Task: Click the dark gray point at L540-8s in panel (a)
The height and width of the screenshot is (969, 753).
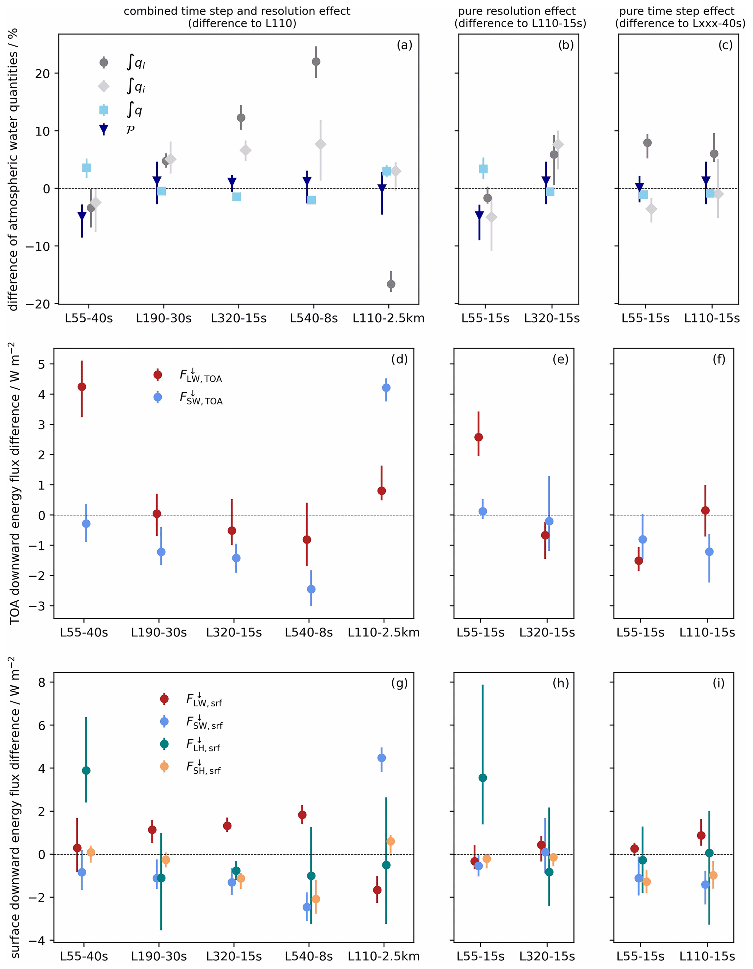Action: [316, 62]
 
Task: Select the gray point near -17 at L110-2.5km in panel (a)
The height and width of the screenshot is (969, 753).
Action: [391, 284]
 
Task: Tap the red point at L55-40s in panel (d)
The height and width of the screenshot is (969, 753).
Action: [82, 387]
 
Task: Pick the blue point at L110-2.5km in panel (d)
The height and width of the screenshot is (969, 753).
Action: [387, 387]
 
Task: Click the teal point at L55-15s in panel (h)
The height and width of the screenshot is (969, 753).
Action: [483, 778]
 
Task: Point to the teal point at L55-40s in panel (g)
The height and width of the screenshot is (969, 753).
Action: [86, 770]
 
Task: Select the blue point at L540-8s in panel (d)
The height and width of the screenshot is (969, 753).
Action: [311, 589]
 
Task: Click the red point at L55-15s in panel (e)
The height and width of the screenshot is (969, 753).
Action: [478, 437]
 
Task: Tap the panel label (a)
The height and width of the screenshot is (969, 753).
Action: [404, 45]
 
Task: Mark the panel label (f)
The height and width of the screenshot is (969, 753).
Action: [719, 359]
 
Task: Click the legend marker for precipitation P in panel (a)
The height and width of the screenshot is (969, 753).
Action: [103, 130]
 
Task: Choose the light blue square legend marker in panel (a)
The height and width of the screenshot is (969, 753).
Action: [103, 110]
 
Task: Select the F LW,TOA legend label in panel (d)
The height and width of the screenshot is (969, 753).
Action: [201, 376]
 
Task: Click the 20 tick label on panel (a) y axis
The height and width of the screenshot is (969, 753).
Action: [43, 73]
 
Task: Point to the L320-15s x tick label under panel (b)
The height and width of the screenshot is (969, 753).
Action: [552, 318]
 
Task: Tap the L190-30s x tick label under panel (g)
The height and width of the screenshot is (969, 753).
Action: [159, 956]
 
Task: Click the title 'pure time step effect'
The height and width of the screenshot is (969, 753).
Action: [676, 11]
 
